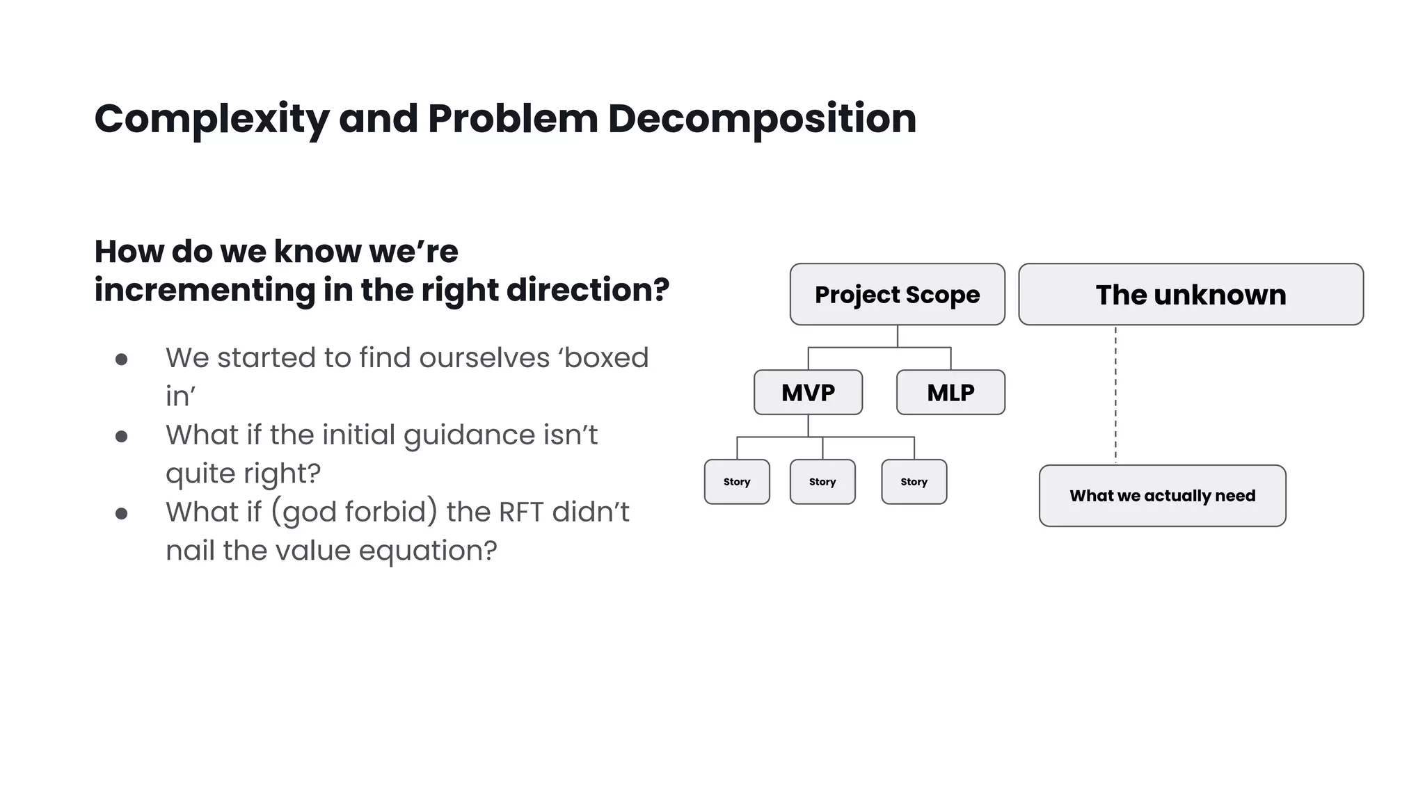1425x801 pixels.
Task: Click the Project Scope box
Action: [897, 294]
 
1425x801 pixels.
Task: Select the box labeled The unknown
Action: [1191, 294]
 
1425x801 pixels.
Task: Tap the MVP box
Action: [808, 392]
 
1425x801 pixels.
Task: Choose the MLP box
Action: [950, 392]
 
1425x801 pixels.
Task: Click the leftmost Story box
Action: [737, 481]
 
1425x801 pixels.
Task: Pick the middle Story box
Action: [822, 481]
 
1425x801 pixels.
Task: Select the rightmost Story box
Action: [914, 481]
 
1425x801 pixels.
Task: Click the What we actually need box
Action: [1162, 496]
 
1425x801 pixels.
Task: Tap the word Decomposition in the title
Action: [762, 119]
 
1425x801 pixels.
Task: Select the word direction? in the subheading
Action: [588, 290]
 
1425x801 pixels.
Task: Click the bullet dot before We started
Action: [122, 359]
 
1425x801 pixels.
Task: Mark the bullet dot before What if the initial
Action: [122, 437]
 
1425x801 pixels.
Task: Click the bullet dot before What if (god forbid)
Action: [122, 514]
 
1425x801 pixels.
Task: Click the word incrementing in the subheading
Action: [205, 290]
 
